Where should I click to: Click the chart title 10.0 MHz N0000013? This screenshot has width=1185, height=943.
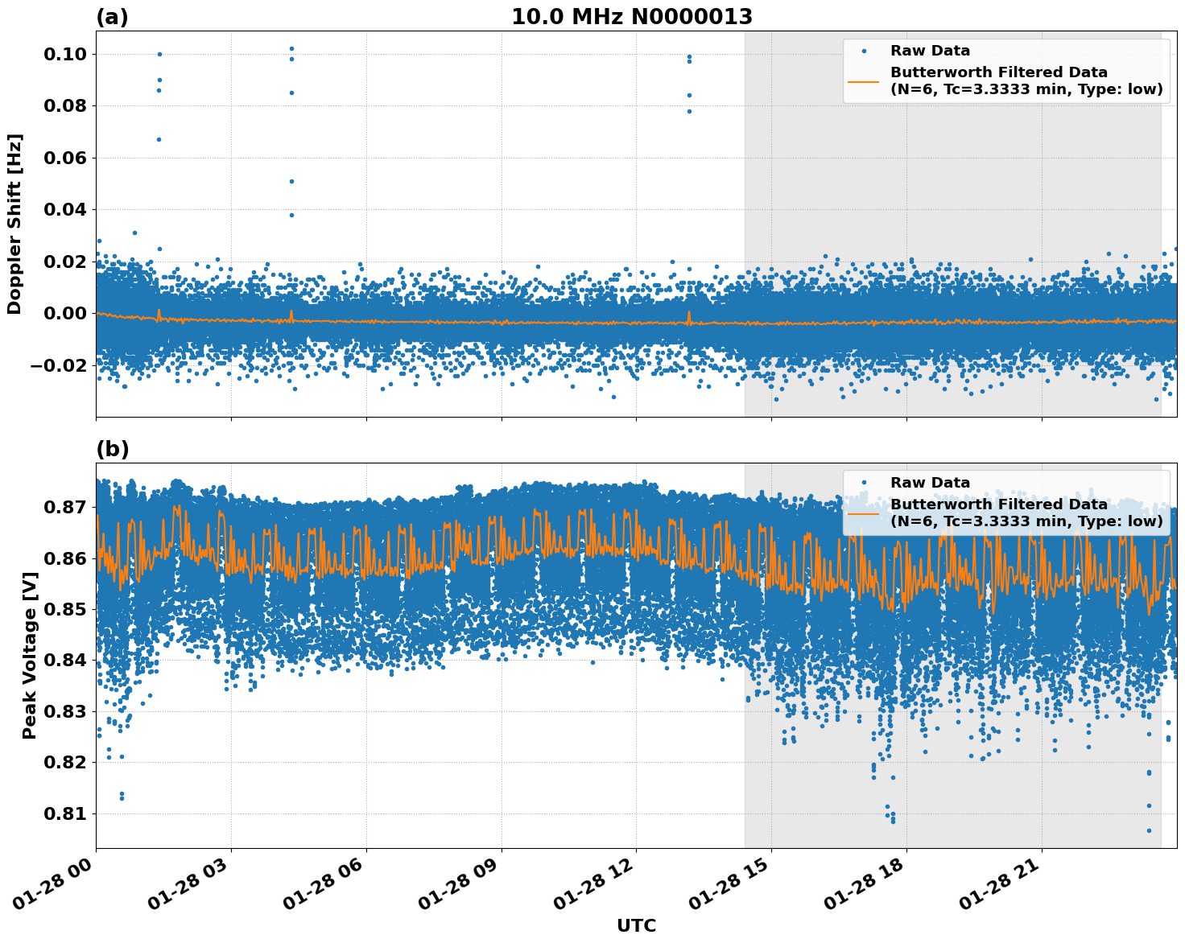click(632, 17)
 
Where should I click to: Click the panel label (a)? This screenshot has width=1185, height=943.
click(112, 17)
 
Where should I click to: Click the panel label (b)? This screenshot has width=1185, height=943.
click(112, 449)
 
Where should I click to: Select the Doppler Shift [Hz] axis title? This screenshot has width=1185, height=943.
click(14, 224)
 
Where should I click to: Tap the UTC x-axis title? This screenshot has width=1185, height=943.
click(636, 925)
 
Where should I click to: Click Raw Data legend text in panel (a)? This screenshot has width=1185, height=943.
click(930, 51)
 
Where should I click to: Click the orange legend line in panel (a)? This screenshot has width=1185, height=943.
click(864, 81)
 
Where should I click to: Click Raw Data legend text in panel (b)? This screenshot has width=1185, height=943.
click(930, 483)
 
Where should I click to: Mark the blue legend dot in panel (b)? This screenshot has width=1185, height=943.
click(864, 483)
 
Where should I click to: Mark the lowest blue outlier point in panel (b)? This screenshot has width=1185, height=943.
click(1149, 830)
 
